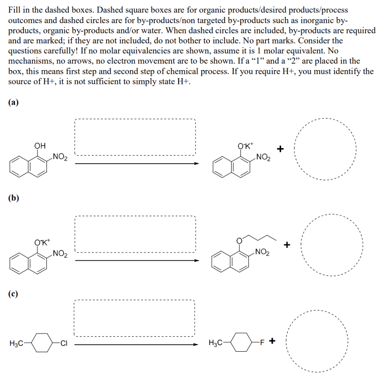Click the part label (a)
coord(14,102)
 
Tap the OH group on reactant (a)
coord(40,145)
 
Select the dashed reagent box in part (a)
coord(135,137)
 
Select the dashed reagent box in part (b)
coord(135,234)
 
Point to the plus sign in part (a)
coord(280,149)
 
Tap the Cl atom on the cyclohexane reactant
coord(64,344)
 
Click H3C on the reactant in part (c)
coord(16,344)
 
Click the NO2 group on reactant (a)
coord(60,156)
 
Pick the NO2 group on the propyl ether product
coord(262,251)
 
